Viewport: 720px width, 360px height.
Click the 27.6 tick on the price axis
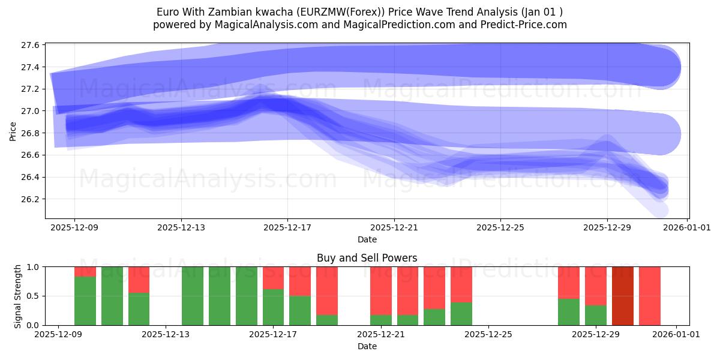[x=31, y=45]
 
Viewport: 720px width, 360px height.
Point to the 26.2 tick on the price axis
[x=31, y=199]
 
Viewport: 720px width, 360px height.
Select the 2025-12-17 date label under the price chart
[x=287, y=228]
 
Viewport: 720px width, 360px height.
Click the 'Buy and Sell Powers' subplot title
[x=367, y=258]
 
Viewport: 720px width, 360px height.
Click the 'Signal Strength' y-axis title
[x=18, y=296]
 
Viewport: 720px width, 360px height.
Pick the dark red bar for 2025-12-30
[x=623, y=296]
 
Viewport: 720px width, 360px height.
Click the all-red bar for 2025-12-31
[x=649, y=296]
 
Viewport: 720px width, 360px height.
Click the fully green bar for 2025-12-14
[x=193, y=296]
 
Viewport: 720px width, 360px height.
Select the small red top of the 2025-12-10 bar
[x=85, y=271]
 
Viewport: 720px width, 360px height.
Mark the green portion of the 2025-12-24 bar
[x=461, y=314]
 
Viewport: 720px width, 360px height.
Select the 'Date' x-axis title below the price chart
[x=367, y=239]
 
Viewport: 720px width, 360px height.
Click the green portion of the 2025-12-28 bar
[x=568, y=312]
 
